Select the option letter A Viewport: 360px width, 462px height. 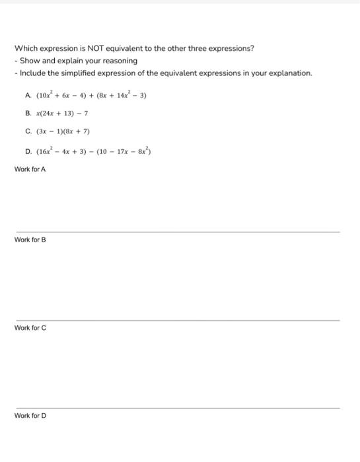pos(27,95)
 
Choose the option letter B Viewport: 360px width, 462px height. pos(27,114)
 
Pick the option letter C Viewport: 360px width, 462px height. pos(27,131)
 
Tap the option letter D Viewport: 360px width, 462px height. pos(27,151)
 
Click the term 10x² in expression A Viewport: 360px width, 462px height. pos(46,95)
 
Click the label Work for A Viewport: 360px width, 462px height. pos(30,170)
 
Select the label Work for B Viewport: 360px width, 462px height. pos(30,240)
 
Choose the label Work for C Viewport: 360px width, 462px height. pos(30,328)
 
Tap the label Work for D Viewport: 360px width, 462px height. pos(30,416)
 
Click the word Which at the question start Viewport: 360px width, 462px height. pos(26,48)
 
